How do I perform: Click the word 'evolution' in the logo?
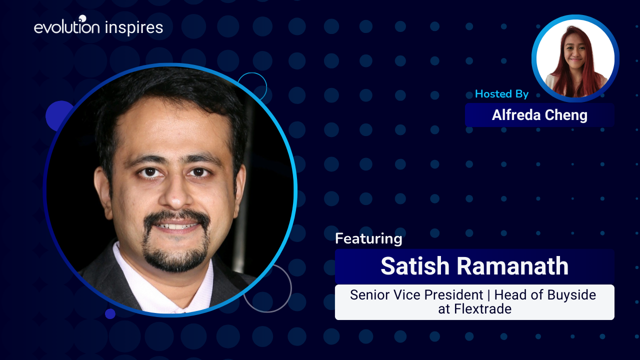pos(66,27)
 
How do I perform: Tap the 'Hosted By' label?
pos(501,94)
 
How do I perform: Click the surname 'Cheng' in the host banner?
pos(566,115)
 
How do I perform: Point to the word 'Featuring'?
pos(368,239)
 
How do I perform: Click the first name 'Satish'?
pos(415,266)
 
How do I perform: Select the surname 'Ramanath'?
pos(513,266)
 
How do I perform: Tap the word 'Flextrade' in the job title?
pos(483,309)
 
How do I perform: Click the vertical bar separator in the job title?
pos(488,295)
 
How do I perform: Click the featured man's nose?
pos(175,194)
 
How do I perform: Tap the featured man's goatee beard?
pos(175,255)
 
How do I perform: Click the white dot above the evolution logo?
pos(82,18)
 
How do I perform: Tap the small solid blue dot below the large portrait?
pos(110,313)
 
